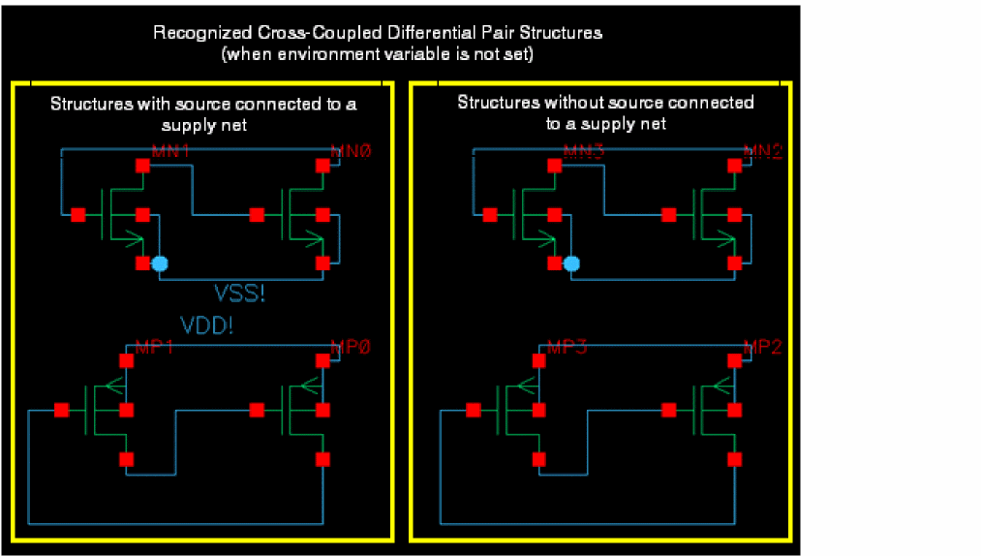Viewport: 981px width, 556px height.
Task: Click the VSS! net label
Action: pos(238,293)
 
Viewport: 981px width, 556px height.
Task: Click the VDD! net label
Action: pos(206,325)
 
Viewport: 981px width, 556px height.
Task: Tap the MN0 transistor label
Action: pos(352,151)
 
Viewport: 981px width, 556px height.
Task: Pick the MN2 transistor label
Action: pos(762,151)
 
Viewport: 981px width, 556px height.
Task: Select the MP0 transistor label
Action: pos(352,347)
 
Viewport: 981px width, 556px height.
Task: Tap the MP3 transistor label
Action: pos(568,347)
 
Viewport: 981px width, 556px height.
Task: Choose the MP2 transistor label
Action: pos(762,347)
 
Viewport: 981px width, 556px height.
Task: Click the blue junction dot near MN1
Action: pos(160,263)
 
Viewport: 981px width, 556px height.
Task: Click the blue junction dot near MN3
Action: pos(571,263)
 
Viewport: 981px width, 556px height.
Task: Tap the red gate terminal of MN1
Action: pos(77,214)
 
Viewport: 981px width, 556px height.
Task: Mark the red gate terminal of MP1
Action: pos(62,410)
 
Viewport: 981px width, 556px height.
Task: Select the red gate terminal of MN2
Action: pos(668,214)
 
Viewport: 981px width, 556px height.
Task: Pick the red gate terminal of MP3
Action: pos(474,410)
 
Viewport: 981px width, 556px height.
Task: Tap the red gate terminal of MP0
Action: pos(257,410)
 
